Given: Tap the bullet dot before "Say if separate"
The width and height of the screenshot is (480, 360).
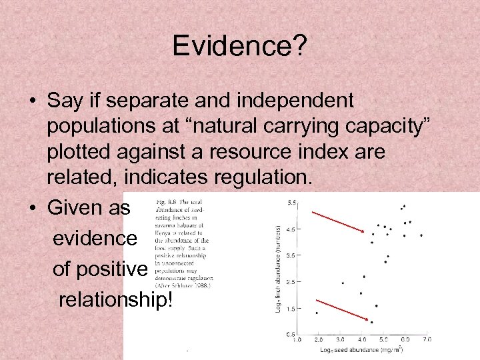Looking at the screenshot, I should tap(32, 101).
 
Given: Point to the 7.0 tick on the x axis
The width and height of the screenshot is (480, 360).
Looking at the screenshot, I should tap(426, 340).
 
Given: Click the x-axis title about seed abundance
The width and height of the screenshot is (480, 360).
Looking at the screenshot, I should tap(361, 349).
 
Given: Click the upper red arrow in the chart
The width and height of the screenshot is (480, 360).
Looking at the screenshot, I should tap(337, 221).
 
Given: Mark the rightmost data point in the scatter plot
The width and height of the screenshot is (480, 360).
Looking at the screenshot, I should tap(421, 235).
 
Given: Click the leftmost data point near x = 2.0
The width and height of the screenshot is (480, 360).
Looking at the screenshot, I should tap(317, 313).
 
